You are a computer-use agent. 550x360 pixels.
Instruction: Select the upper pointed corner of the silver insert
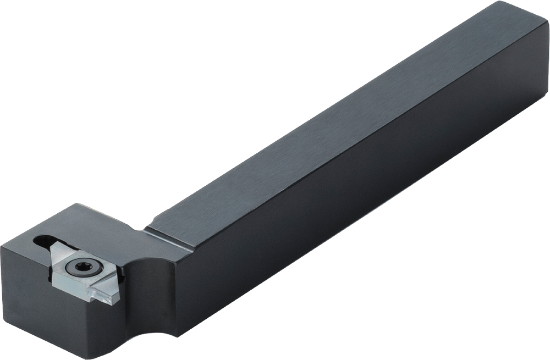[x=56, y=245]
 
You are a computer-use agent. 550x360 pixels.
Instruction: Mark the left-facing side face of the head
[x=22, y=286]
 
